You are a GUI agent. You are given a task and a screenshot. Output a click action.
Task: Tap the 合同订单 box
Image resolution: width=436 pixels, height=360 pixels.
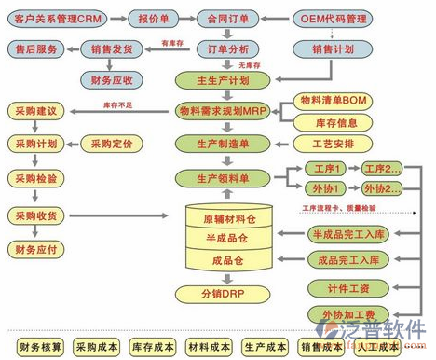pos(227,18)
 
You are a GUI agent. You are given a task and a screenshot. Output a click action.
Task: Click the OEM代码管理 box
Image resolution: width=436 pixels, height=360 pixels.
pos(330,18)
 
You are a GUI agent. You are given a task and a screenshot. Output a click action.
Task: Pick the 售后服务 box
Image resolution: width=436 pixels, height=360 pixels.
pos(35,48)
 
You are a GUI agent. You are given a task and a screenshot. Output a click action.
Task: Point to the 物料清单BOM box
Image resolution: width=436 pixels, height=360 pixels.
pos(332,99)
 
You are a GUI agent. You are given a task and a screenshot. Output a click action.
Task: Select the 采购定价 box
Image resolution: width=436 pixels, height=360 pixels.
pos(113,144)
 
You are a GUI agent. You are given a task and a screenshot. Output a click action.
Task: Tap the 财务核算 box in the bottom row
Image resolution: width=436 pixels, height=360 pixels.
pos(40,347)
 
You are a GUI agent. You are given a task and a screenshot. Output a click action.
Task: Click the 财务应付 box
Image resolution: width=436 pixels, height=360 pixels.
pos(35,249)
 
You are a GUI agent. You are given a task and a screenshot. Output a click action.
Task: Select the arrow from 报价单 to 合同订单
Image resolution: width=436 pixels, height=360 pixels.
pos(186,18)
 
